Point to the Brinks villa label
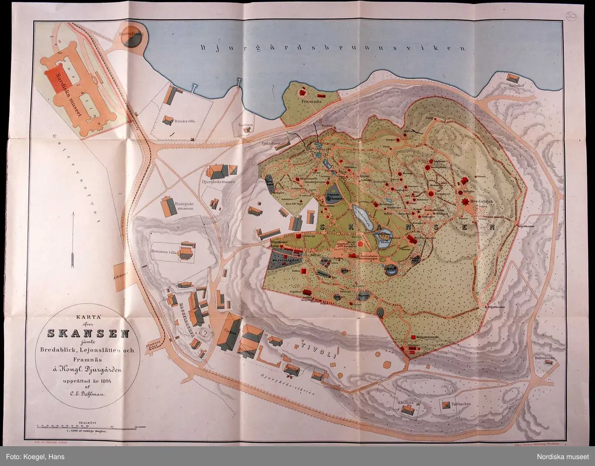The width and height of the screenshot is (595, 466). tap(179, 123)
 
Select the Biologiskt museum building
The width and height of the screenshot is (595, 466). tap(169, 206)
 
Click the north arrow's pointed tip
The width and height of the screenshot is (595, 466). tap(73, 213)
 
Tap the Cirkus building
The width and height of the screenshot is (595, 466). tap(229, 331)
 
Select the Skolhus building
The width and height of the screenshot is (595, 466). tap(408, 409)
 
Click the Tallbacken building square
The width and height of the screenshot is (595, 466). tap(448, 406)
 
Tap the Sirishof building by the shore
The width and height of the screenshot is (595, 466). tap(513, 78)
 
